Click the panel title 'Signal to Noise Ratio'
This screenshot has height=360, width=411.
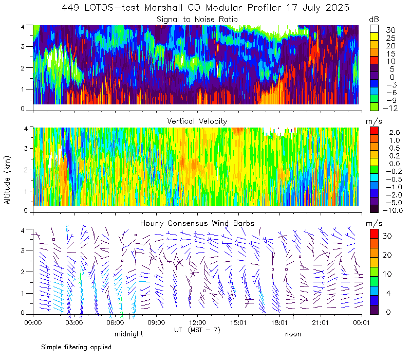coord(197,20)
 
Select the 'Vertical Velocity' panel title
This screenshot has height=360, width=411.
coord(197,121)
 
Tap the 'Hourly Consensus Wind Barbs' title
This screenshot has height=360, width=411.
coord(197,223)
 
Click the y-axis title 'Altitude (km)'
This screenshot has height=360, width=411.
coord(7,180)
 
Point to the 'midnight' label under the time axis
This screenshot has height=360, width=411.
coord(129,334)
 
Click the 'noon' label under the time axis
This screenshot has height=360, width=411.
coord(293,334)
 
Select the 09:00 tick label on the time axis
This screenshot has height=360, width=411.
coord(156,322)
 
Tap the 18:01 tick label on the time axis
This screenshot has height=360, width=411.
coord(279,322)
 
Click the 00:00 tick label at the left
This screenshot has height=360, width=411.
coord(33,322)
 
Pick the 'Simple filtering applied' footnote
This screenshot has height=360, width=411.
coord(76,347)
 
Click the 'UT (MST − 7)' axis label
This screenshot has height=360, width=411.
coord(197,330)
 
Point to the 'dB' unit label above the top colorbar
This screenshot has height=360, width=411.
coord(374,20)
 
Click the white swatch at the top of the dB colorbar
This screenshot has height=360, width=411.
coord(374,29)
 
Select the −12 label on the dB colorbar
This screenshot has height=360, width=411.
coord(390,108)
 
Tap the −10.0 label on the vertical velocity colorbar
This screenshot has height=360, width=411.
coord(393,210)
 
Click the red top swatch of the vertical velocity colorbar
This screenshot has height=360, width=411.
coord(374,131)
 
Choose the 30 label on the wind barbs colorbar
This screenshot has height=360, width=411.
coord(387,236)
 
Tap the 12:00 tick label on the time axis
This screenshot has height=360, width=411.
coord(197,322)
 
